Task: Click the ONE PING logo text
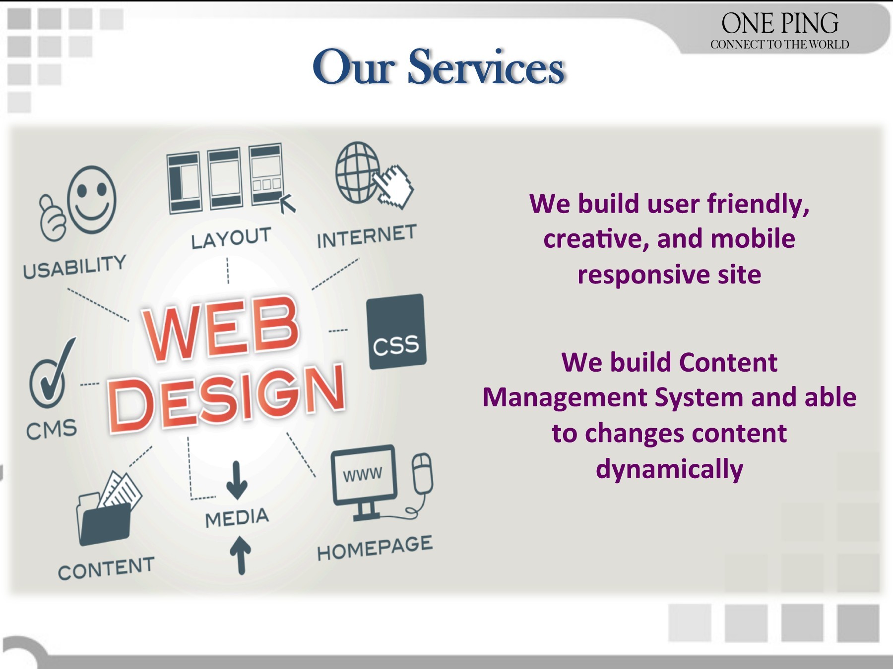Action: (x=779, y=23)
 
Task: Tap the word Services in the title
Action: (x=486, y=67)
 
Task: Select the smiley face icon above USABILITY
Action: (x=92, y=200)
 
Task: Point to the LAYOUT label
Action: (x=231, y=238)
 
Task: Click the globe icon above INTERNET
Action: (x=356, y=172)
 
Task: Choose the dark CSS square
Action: (x=396, y=332)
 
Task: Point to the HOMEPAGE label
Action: (x=375, y=548)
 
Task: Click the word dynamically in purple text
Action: (x=669, y=469)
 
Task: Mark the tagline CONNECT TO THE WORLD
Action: (x=779, y=45)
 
